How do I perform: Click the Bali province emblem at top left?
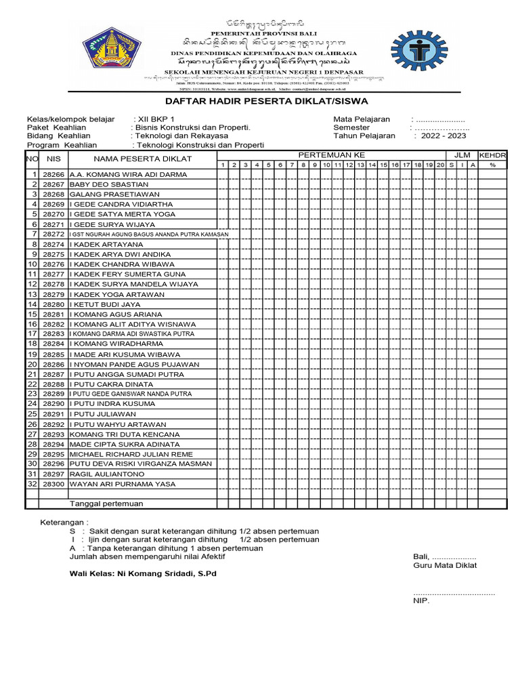tap(112, 48)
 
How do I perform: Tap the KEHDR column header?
tap(493, 155)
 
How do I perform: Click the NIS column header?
tap(53, 159)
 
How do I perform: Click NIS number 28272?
tap(53, 234)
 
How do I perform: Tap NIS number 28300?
tap(53, 484)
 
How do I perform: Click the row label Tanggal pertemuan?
tap(106, 504)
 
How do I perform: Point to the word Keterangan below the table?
tap(63, 523)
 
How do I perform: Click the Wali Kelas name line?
tap(144, 573)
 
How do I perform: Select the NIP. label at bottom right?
tap(421, 600)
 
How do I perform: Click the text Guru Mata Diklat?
tap(445, 565)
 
